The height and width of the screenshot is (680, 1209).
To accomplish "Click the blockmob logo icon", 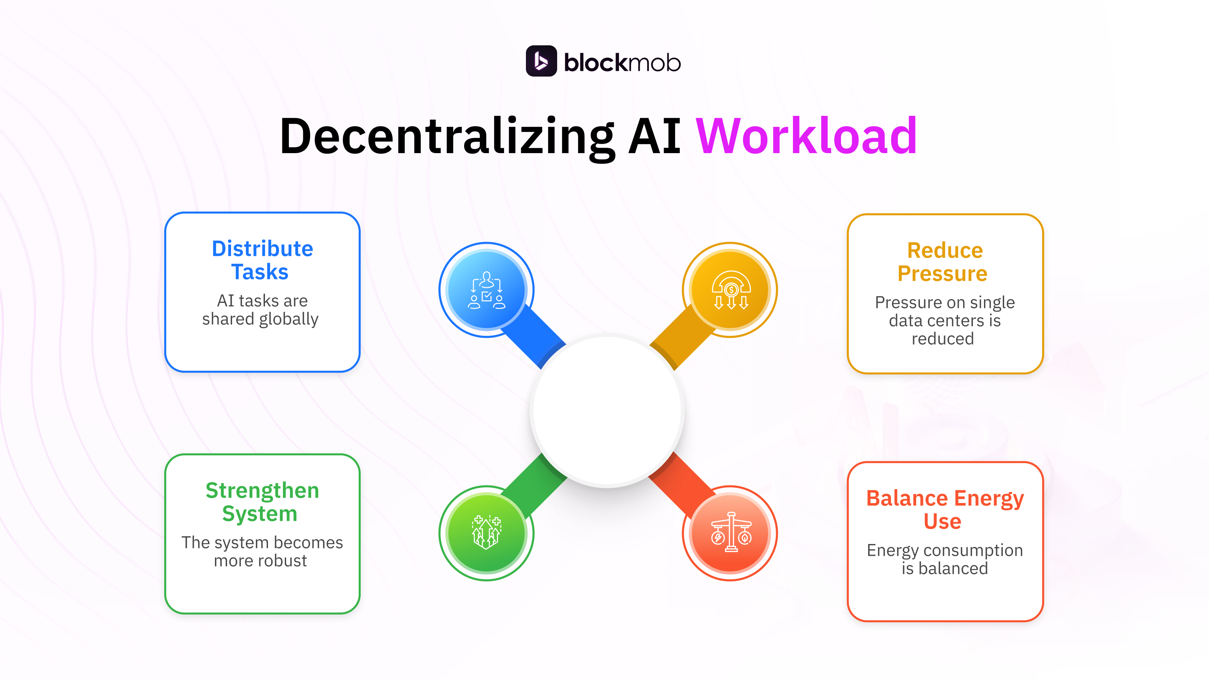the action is (541, 61).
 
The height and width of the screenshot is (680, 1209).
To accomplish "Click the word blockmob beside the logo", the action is (622, 62).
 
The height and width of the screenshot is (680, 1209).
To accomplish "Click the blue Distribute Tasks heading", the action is (262, 260).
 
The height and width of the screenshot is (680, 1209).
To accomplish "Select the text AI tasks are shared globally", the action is (261, 309).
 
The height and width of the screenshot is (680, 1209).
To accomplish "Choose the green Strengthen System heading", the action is (262, 502).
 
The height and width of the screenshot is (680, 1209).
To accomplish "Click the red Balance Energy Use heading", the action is (944, 509).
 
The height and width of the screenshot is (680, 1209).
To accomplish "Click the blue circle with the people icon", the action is (486, 289).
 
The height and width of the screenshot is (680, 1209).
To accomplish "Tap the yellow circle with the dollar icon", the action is (730, 289).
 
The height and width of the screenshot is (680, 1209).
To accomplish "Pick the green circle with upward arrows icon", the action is (486, 533).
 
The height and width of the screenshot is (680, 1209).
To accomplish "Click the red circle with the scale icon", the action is (730, 533).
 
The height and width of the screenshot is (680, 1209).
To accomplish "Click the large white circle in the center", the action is (607, 411).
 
